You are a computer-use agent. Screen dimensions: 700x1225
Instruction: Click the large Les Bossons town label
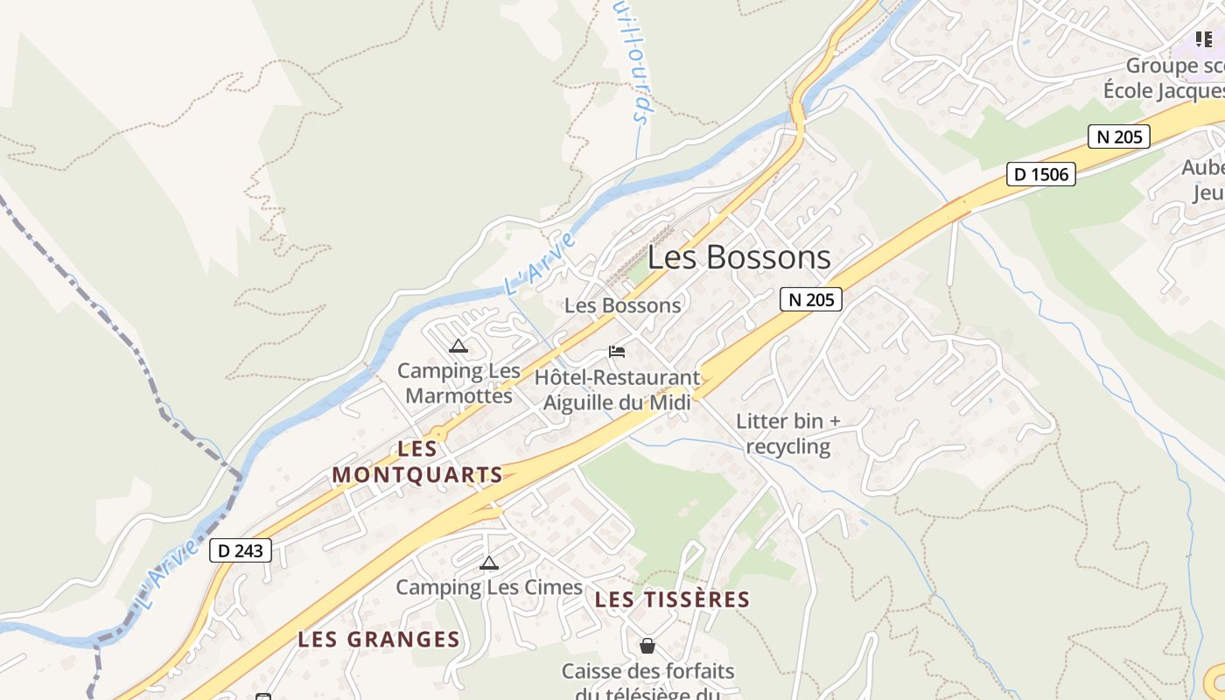(x=738, y=257)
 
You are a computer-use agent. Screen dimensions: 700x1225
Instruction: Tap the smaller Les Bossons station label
(x=622, y=305)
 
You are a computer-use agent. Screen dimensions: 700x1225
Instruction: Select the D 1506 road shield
(x=1040, y=174)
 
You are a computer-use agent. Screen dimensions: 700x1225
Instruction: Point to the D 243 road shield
(x=241, y=550)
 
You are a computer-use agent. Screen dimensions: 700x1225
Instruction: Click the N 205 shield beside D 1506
(x=1118, y=136)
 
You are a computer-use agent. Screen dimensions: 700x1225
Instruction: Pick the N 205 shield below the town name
(x=810, y=299)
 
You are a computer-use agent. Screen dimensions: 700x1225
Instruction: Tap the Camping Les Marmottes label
(x=458, y=383)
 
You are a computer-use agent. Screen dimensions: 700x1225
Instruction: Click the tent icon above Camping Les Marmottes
(x=458, y=346)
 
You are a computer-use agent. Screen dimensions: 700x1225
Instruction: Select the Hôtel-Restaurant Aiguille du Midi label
(x=617, y=390)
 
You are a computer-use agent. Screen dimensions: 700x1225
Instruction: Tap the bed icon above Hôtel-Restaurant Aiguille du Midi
(x=617, y=352)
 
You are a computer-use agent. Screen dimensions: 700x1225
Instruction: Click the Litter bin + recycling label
(x=787, y=433)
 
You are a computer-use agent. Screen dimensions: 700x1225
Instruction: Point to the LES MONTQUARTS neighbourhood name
(x=417, y=462)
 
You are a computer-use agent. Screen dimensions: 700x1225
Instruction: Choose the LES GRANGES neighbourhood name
(x=379, y=640)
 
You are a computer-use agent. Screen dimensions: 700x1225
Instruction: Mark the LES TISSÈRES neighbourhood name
(x=672, y=599)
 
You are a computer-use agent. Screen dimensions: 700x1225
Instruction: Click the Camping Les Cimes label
(x=489, y=587)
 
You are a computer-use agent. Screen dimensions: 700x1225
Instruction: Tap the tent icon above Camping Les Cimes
(x=489, y=563)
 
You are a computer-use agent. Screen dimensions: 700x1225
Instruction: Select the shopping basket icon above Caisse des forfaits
(x=647, y=647)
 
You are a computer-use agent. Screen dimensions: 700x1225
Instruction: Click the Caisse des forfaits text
(x=647, y=672)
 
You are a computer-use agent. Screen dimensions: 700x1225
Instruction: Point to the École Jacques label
(x=1163, y=90)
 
